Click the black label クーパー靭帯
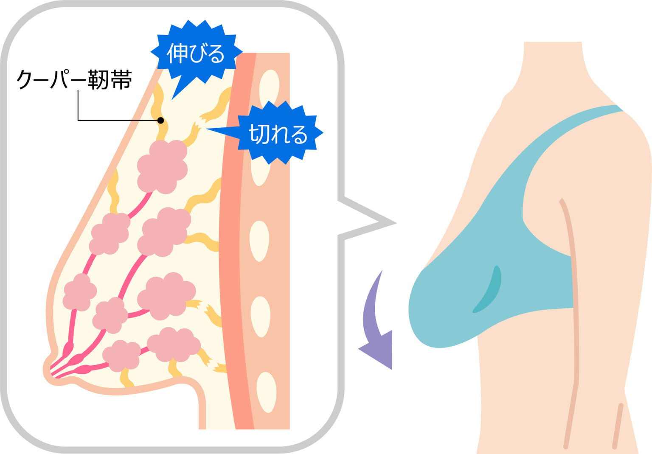tap(74, 79)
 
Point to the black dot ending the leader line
tap(160, 120)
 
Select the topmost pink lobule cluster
tap(163, 166)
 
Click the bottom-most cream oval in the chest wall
tap(266, 392)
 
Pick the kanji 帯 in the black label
tap(121, 79)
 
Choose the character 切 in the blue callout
tap(257, 135)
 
